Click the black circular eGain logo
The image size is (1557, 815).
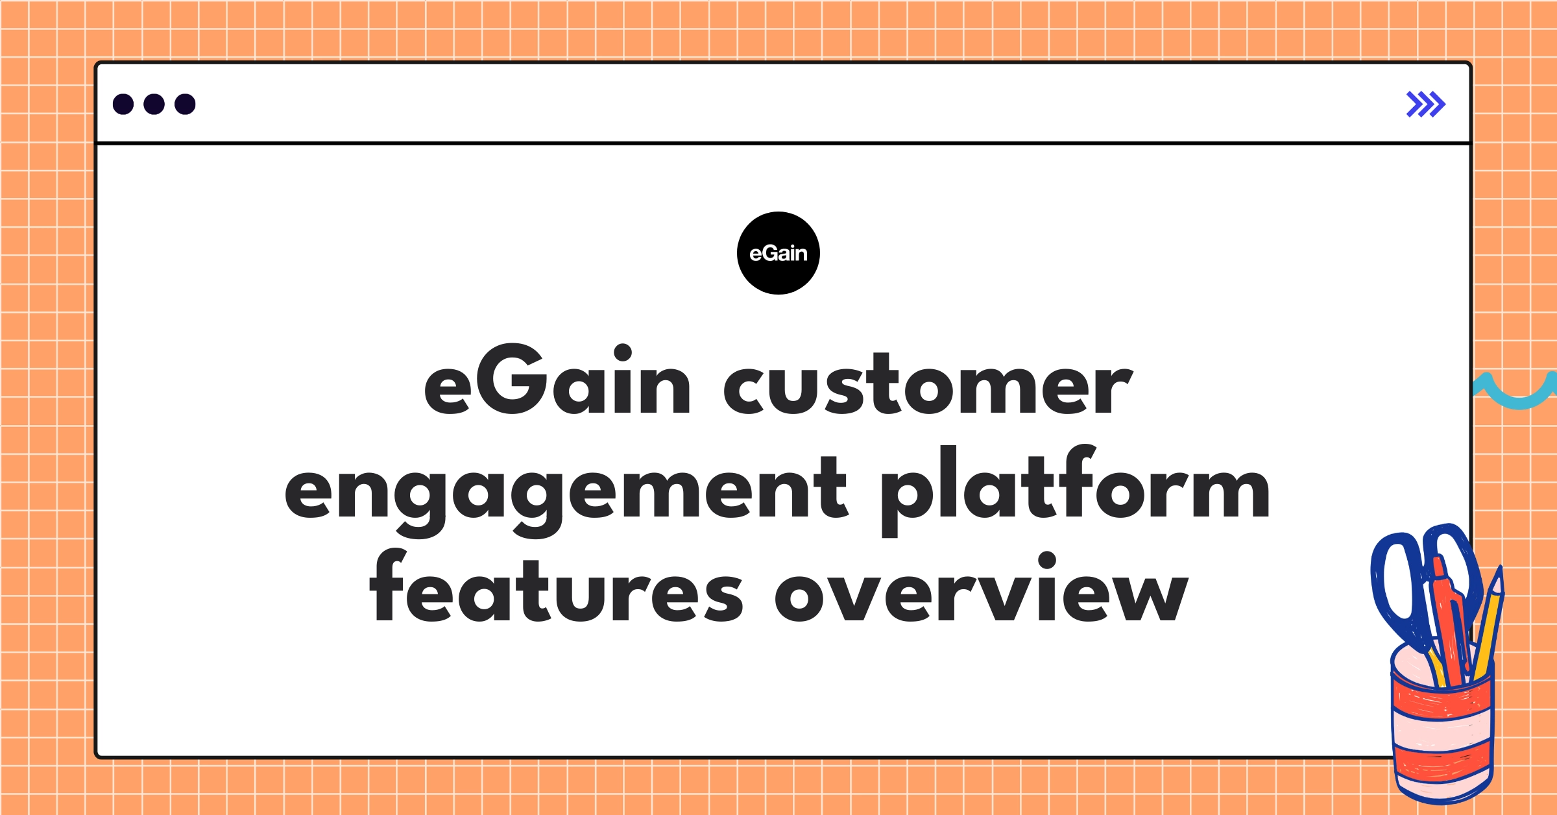coord(778,253)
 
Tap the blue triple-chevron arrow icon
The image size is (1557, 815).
coord(1425,104)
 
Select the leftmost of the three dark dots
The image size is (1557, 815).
coord(123,104)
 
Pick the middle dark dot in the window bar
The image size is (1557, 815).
coord(154,104)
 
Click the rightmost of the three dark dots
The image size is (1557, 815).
coord(185,104)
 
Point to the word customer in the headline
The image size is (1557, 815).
coord(928,386)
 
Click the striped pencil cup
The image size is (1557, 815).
coord(1443,733)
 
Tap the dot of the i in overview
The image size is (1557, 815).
coord(1047,559)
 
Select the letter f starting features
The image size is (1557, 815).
coord(388,584)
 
